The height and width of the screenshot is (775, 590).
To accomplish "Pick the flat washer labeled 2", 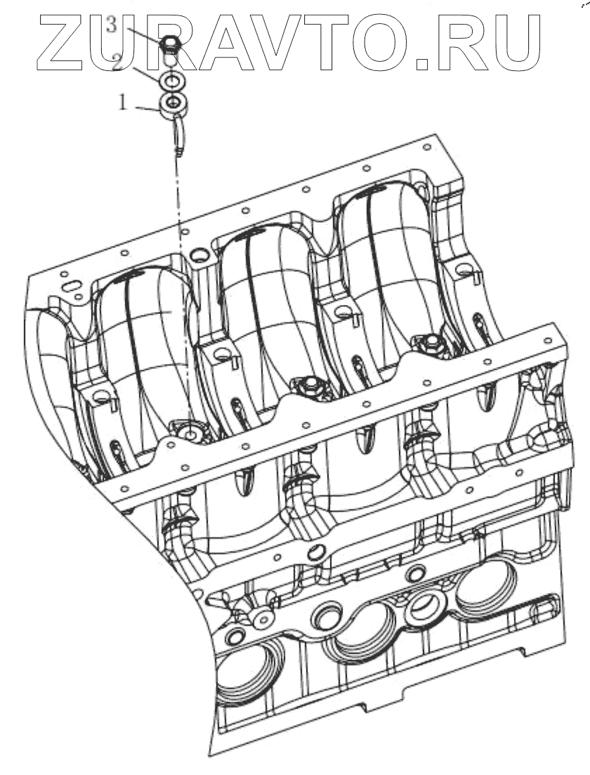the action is click(x=173, y=83).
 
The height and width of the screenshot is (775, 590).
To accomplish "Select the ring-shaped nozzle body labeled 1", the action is click(x=173, y=107).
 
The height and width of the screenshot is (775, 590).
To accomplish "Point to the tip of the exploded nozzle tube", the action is click(x=180, y=152).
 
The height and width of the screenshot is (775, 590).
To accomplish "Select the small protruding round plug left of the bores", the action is click(x=264, y=618).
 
